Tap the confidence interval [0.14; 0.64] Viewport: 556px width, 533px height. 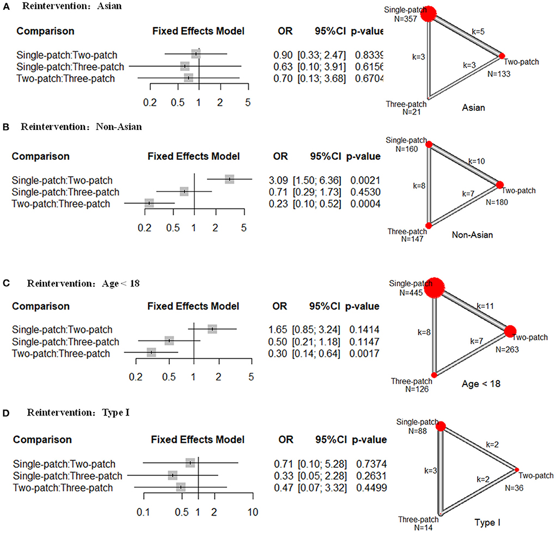click(319, 354)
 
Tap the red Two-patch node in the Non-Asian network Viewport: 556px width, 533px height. click(500, 185)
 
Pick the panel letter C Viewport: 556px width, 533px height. click(5, 283)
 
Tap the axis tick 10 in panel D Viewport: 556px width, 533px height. click(253, 511)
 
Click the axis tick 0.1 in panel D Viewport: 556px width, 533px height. click(143, 511)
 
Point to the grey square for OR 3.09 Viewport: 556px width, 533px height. click(230, 179)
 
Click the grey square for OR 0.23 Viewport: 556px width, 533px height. click(149, 203)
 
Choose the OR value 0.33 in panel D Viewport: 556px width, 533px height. click(280, 476)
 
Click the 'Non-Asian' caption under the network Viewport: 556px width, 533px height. click(472, 235)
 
